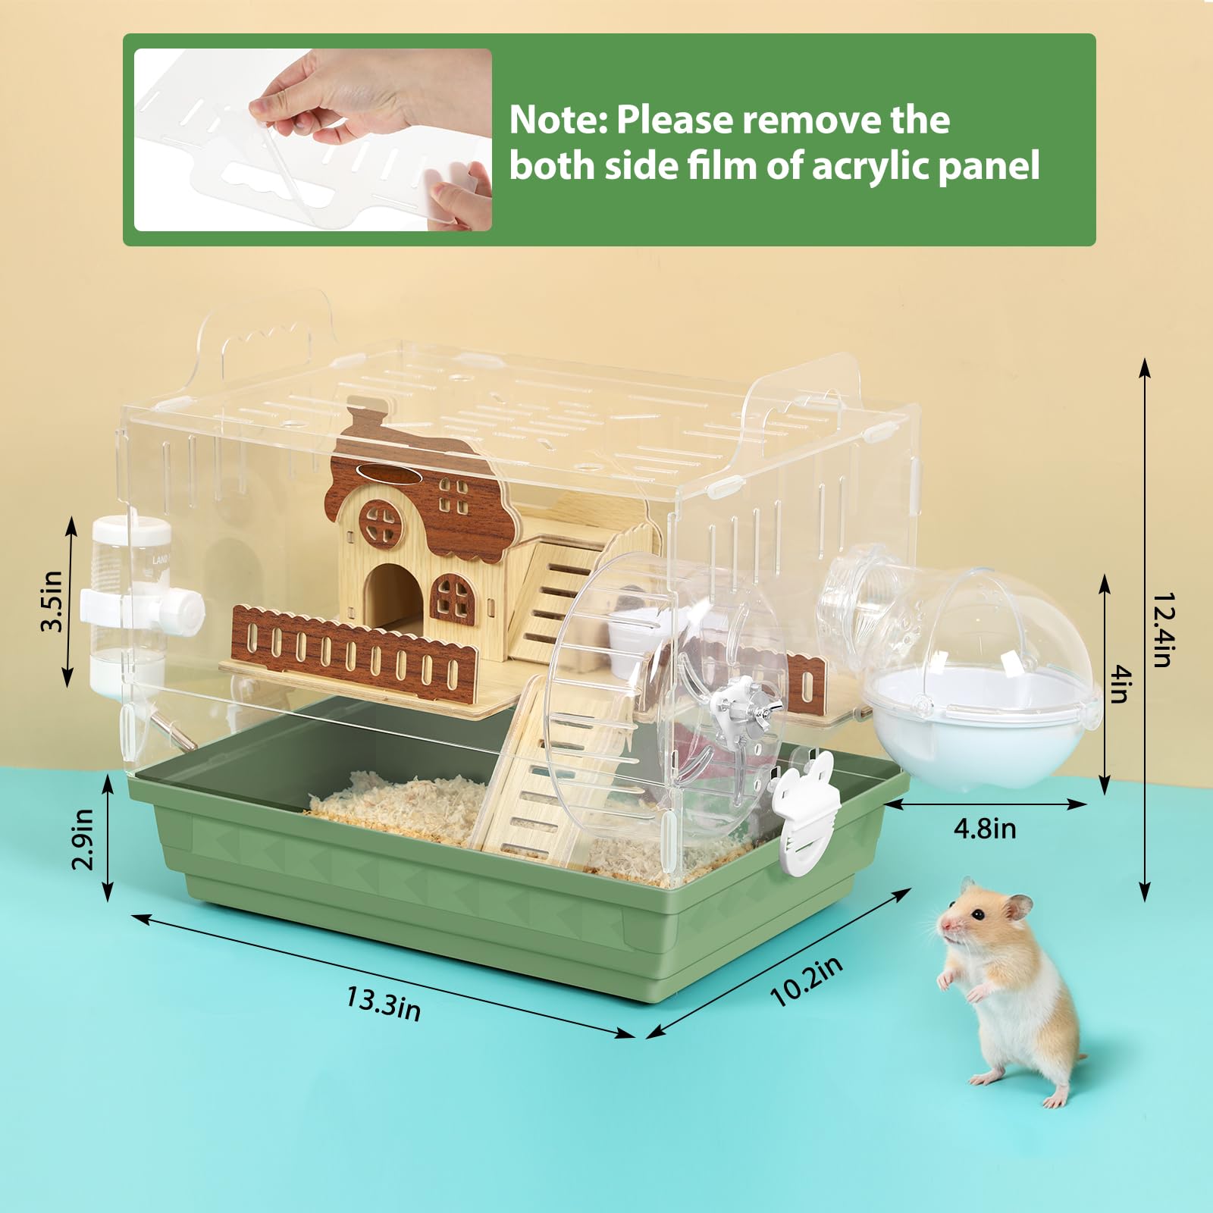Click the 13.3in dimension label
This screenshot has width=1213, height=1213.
click(383, 1002)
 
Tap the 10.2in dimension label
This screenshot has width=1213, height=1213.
click(806, 982)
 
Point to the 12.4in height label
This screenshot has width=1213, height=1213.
click(1164, 628)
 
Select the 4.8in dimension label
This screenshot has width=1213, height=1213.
click(984, 828)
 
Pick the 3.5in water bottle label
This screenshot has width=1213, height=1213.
click(52, 601)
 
